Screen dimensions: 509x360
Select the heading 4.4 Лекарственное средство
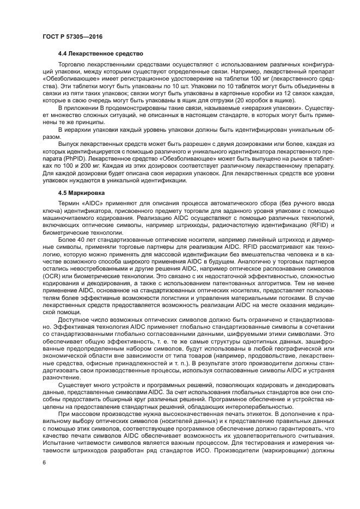pyautogui.click(x=100, y=54)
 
